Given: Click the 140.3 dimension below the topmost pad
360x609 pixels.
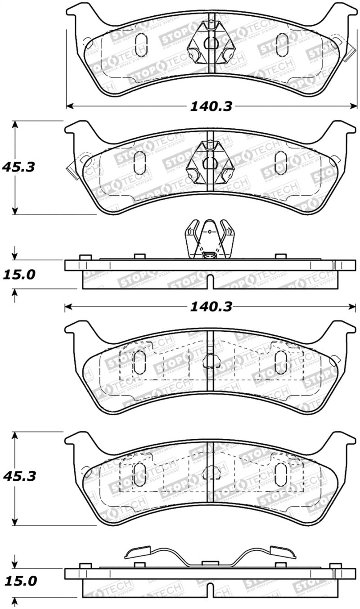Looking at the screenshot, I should (211, 106).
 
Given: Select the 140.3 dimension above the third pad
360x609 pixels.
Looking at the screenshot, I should (211, 307).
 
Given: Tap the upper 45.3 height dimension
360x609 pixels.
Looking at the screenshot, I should (18, 167).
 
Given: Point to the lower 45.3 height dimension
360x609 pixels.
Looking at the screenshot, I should (18, 476).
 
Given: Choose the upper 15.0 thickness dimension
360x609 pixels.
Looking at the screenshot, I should (18, 274).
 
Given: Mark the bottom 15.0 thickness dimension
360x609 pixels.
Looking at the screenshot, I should (18, 581).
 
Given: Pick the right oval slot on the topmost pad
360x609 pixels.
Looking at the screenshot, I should (282, 45).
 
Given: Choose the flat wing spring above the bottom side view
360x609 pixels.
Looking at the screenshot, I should (210, 556).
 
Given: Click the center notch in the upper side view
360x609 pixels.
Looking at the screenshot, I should (210, 284).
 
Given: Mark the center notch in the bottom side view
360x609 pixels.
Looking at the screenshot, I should (210, 591).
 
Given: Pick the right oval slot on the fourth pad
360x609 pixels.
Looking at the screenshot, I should (281, 474).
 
